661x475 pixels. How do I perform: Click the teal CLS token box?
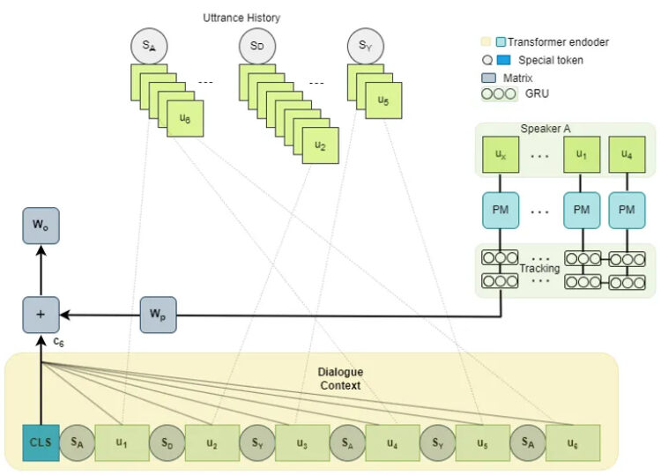tap(41, 442)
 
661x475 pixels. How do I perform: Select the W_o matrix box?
tap(41, 226)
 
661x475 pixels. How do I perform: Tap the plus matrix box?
tap(41, 315)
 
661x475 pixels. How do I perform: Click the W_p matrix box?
tap(158, 315)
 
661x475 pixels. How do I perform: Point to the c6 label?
tap(58, 342)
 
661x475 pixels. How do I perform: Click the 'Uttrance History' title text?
tap(241, 18)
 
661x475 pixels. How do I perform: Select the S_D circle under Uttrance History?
tap(257, 46)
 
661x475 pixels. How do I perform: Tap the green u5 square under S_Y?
tap(383, 100)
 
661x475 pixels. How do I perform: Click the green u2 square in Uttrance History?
tap(321, 145)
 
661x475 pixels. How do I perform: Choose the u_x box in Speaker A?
tap(501, 154)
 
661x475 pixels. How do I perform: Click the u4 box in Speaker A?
tap(627, 154)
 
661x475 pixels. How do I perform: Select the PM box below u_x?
tap(501, 211)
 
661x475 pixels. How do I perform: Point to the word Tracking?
tap(539, 269)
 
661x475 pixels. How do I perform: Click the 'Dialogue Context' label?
tap(340, 378)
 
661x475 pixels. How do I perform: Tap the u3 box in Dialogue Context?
tap(302, 442)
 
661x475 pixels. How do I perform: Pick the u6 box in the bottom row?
tap(573, 442)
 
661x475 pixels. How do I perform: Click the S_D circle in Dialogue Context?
tap(167, 442)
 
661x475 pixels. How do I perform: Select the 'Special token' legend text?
tap(551, 60)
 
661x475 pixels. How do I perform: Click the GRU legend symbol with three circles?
tap(499, 93)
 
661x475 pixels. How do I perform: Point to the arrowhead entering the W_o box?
tap(41, 249)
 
